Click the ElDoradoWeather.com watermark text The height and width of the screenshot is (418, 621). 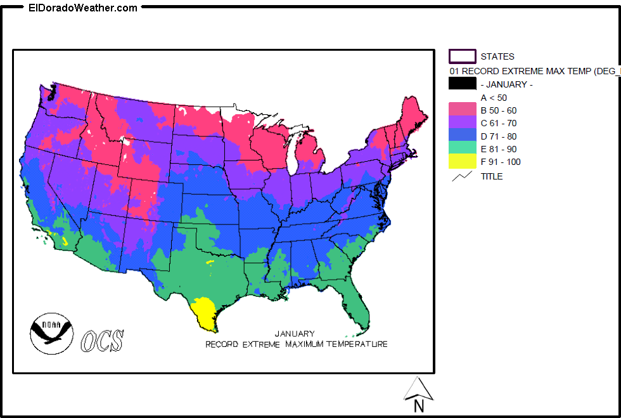[83, 8]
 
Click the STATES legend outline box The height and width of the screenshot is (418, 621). [462, 56]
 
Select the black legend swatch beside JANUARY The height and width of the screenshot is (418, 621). [462, 84]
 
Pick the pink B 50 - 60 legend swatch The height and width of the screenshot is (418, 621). [462, 110]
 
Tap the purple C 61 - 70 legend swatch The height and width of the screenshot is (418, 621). [462, 123]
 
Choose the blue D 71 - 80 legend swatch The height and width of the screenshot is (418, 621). [462, 136]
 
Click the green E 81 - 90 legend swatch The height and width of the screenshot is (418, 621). [462, 148]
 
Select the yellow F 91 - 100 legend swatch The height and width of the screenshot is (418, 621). [462, 162]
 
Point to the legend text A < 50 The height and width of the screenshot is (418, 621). [494, 98]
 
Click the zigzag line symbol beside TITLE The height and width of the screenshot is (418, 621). [462, 176]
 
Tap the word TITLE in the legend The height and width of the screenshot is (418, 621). [492, 176]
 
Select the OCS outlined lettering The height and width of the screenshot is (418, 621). [102, 340]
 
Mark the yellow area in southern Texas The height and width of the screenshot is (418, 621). [206, 312]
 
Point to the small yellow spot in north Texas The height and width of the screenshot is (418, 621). [210, 262]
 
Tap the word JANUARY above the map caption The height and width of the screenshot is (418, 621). [294, 334]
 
